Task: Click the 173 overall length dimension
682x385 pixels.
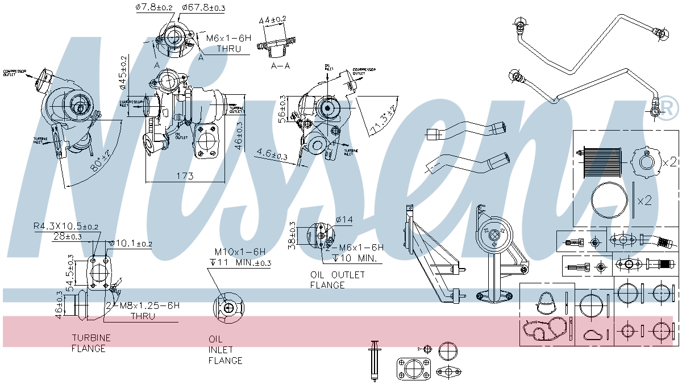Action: click(184, 176)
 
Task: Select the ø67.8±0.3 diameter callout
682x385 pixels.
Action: click(203, 7)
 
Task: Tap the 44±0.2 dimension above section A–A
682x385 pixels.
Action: click(272, 20)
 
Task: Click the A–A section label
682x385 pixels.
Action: click(281, 66)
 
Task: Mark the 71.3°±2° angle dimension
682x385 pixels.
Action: click(383, 119)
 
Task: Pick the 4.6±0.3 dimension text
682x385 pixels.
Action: click(272, 154)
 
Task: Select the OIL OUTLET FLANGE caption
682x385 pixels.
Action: click(338, 279)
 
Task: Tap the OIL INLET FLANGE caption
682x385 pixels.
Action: click(225, 349)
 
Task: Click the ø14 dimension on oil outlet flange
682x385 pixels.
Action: click(344, 219)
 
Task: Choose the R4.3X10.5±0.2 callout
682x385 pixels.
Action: click(65, 227)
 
